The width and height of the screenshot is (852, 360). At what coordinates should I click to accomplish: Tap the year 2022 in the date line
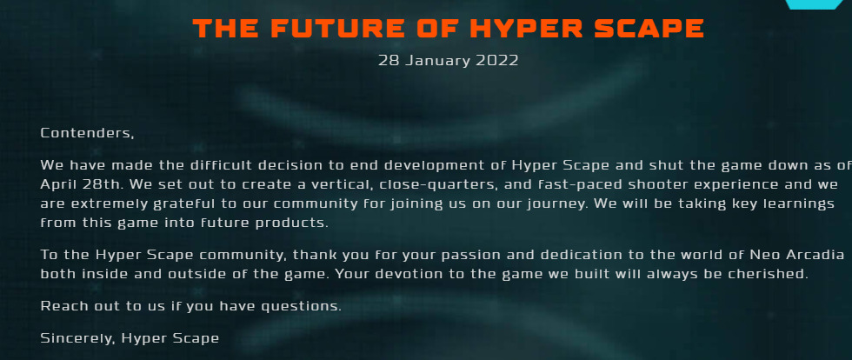[496, 60]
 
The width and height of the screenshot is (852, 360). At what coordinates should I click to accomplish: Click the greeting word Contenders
[87, 133]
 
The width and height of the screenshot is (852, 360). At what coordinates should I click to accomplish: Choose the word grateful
[165, 204]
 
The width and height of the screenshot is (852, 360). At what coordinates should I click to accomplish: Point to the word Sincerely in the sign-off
[77, 338]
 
